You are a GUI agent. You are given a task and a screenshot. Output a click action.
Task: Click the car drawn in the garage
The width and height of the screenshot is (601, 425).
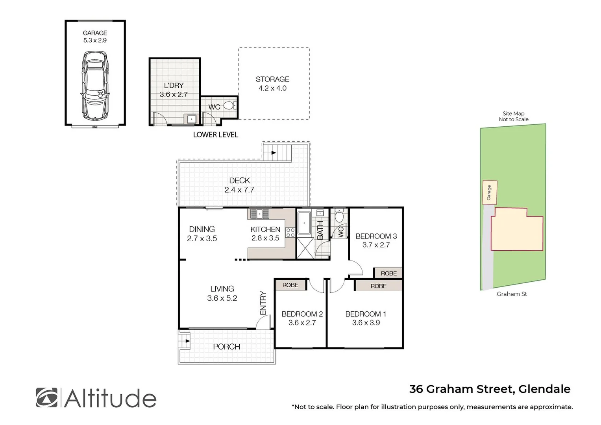(x=95, y=85)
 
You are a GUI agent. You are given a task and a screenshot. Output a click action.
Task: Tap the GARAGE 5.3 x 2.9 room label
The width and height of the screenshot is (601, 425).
(x=95, y=37)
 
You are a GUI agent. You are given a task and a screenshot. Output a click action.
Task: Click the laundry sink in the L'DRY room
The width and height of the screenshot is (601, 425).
(x=191, y=118)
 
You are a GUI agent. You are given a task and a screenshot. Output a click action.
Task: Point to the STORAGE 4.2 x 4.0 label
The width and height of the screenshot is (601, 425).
(x=272, y=84)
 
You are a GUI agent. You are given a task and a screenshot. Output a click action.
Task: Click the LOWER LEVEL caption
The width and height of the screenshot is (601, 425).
(x=215, y=135)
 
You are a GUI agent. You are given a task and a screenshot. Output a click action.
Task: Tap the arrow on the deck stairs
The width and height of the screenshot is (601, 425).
(x=272, y=152)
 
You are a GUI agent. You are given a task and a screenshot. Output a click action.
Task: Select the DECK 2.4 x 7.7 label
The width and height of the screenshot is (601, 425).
(x=239, y=185)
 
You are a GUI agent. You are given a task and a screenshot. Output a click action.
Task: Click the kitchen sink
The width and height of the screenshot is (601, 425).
(x=259, y=214)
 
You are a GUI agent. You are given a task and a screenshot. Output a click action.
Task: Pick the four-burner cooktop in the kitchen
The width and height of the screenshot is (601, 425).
(x=290, y=232)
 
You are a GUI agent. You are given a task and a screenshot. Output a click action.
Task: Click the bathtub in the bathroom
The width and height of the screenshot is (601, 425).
(x=304, y=224)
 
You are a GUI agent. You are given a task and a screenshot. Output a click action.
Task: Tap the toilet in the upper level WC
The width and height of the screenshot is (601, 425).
(x=339, y=216)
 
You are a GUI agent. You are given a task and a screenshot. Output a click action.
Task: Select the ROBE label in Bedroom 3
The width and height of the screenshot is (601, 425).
(x=388, y=273)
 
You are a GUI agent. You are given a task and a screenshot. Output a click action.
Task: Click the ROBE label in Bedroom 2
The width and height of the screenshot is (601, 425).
(x=290, y=285)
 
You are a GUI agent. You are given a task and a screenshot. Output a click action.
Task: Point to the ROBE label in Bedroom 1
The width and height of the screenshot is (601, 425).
(x=378, y=286)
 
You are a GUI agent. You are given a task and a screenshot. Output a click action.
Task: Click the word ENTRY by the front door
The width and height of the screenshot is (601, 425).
(x=263, y=303)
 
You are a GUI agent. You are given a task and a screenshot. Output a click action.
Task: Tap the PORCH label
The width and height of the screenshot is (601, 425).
(x=226, y=347)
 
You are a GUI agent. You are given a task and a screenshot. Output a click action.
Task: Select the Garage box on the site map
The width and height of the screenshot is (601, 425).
(x=490, y=192)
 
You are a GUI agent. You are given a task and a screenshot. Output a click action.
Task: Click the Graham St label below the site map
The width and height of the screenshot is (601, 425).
(x=512, y=294)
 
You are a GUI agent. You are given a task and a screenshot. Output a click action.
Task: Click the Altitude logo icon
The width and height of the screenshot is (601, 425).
(x=46, y=397)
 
